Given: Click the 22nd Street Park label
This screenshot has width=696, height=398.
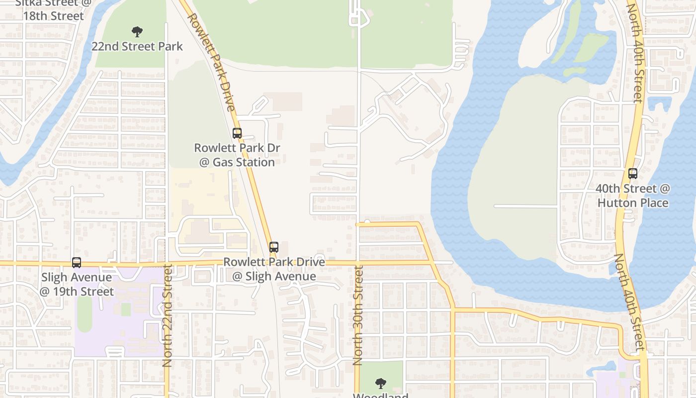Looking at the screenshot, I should point(137,47).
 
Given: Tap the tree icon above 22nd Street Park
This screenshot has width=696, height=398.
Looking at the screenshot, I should point(137,32).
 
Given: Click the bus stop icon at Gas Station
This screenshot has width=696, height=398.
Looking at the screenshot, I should point(237,133).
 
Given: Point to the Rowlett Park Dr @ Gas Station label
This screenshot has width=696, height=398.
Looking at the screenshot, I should point(237,155).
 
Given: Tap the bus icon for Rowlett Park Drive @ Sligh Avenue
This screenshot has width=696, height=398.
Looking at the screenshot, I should point(273,247).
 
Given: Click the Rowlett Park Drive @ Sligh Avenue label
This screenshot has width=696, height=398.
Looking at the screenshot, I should point(274,269).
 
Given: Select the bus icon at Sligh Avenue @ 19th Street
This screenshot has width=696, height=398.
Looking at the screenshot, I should point(76,262).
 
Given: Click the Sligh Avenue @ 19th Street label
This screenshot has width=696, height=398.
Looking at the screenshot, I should point(77,284).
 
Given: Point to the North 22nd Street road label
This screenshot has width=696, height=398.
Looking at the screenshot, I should point(168,316).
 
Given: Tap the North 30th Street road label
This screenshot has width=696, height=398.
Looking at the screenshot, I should point(358,315).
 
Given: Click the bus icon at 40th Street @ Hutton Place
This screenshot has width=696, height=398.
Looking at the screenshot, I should point(632,174).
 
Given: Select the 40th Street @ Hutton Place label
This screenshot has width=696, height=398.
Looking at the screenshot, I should point(633,196).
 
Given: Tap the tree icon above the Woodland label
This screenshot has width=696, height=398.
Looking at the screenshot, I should point(380,383).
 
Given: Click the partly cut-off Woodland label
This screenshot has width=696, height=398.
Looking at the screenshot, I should point(380,396).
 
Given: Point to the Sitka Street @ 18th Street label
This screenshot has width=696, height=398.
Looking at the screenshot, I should point(54,10).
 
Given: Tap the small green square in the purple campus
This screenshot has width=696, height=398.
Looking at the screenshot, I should point(126,309).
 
